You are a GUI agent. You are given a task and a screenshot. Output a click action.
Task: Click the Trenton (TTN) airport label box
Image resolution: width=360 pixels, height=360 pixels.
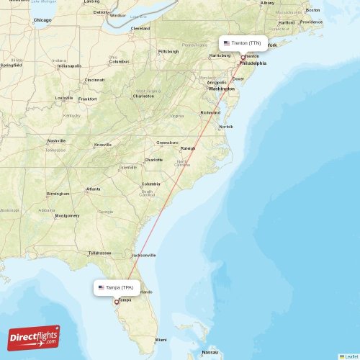click(243, 43)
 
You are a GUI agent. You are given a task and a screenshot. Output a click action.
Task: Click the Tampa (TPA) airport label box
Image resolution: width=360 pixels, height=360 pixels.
click(116, 287)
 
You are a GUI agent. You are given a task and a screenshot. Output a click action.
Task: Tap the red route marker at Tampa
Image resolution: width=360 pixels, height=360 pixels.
click(117, 302)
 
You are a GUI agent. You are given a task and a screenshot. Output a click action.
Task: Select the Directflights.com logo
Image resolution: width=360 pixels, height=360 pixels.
click(34, 337)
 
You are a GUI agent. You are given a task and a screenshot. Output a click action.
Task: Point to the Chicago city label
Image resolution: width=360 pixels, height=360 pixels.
click(42, 21)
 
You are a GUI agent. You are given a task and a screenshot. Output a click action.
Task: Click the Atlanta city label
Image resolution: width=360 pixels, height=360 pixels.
click(94, 189)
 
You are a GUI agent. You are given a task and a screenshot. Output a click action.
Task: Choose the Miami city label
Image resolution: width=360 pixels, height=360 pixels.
click(160, 339)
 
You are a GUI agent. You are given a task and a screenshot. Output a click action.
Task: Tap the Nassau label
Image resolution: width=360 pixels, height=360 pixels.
click(210, 352)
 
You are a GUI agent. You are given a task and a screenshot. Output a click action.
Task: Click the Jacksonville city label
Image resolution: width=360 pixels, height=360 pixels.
click(143, 255)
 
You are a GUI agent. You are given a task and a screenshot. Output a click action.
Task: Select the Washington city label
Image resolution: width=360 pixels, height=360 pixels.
click(222, 89)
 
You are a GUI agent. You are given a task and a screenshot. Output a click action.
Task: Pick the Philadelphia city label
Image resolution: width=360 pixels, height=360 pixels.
click(252, 63)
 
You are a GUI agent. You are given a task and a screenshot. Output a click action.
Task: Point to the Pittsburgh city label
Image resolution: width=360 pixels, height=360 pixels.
click(168, 52)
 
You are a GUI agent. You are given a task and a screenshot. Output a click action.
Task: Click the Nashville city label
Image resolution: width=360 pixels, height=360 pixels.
click(56, 140)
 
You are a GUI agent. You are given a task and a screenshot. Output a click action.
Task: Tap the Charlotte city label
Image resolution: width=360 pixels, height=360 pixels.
click(153, 160)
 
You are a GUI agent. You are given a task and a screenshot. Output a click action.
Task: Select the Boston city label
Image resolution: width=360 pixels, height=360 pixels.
click(312, 10)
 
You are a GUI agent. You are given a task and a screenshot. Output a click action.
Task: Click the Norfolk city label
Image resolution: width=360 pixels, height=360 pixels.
click(226, 127)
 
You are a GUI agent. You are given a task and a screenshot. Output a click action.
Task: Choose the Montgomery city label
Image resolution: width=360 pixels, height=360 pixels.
click(67, 215)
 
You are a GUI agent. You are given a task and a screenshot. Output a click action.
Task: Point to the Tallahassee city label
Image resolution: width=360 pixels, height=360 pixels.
click(99, 253)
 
